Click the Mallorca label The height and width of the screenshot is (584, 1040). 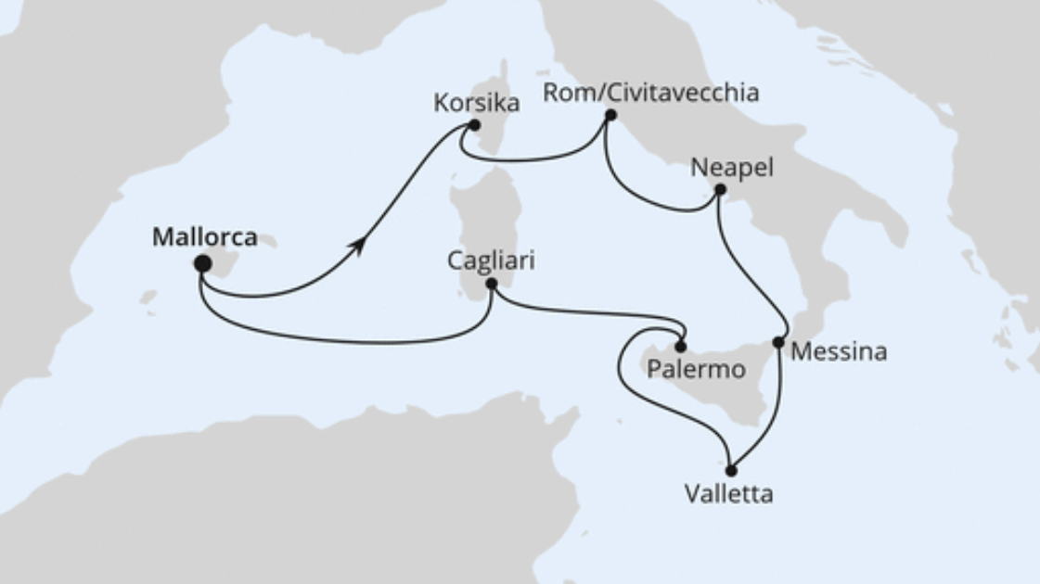coord(204,237)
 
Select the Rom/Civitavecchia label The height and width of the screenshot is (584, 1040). coord(650,93)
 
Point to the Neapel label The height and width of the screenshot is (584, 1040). coord(732,168)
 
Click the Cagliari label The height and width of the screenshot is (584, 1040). coord(491,262)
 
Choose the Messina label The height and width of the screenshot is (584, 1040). coord(839,352)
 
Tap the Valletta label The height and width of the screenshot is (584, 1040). coord(728,494)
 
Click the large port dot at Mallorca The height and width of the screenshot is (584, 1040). coord(202,264)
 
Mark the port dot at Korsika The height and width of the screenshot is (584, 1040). coord(474,125)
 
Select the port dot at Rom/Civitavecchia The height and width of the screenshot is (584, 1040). coord(610,116)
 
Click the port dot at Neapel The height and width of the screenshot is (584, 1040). coord(720,189)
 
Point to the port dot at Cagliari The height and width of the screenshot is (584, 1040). coord(492,285)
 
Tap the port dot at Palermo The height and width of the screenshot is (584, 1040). coord(681,347)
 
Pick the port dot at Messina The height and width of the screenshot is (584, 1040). coord(777,342)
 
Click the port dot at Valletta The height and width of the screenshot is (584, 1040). coord(731,471)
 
